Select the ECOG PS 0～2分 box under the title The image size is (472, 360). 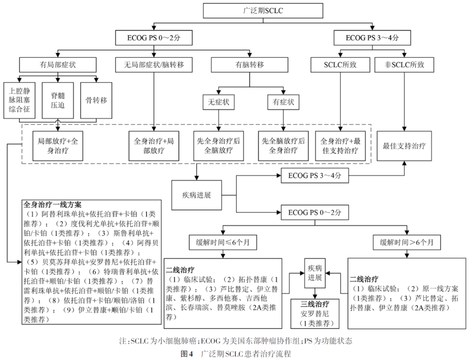[x=153, y=38]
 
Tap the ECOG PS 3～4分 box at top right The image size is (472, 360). [x=372, y=38]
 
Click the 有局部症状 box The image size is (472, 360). [x=58, y=65]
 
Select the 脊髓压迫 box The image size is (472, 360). [x=58, y=100]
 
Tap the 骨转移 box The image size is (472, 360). [x=96, y=100]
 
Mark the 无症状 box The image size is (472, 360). [x=219, y=102]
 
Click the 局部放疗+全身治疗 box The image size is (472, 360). [x=58, y=146]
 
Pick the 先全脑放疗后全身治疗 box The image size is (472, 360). [x=283, y=146]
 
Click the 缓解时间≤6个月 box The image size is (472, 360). [x=222, y=241]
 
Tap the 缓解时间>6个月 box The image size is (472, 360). [x=407, y=241]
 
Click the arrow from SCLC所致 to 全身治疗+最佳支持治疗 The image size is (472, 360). [x=340, y=101]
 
